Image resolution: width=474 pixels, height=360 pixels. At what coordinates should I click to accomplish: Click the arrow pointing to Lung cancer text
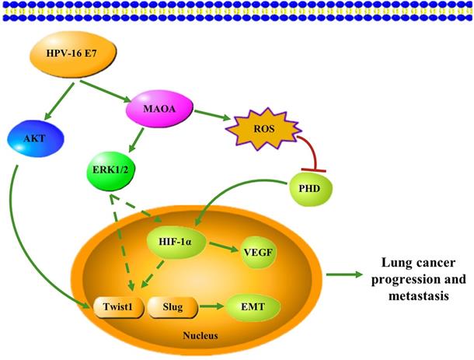[x=342, y=273]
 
